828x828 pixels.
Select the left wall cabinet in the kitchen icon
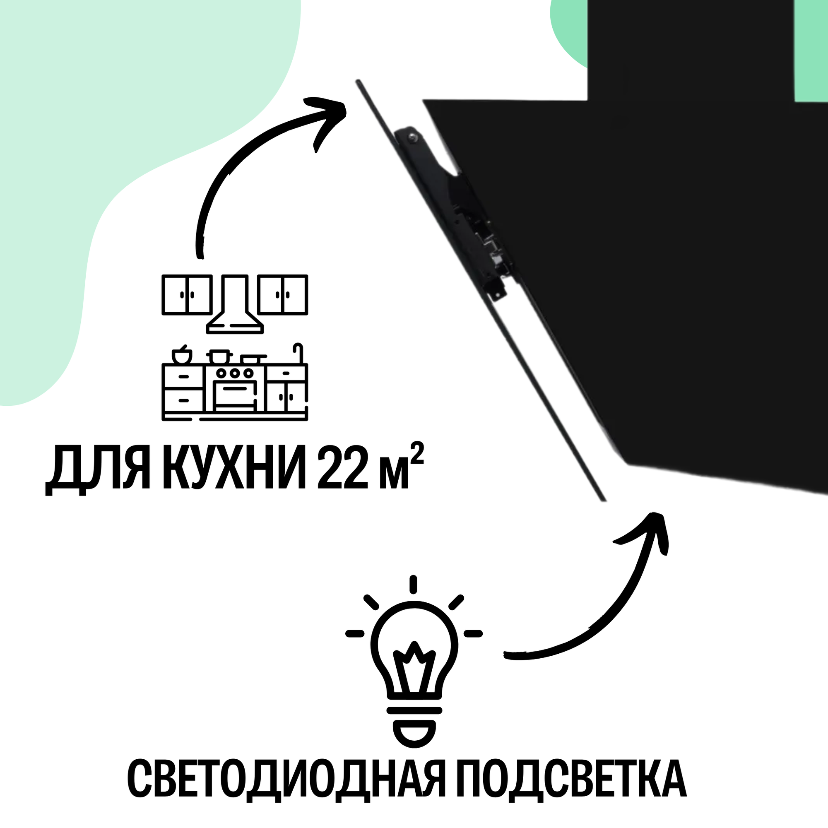[x=187, y=295]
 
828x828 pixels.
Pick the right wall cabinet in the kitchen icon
[x=283, y=295]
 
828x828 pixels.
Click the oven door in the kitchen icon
[x=235, y=396]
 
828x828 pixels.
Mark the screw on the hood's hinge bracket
[x=412, y=137]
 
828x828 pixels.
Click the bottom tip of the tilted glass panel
[x=603, y=500]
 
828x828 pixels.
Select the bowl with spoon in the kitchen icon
[x=182, y=355]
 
